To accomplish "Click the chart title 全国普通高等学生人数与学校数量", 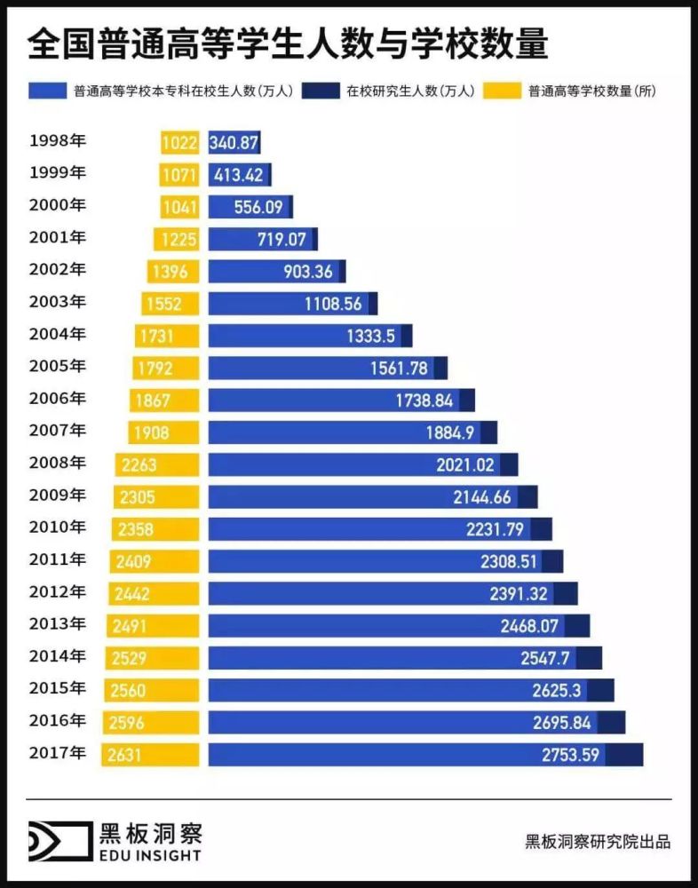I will pos(288,44).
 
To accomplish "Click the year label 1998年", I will pos(58,140).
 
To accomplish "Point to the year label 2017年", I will pos(58,753).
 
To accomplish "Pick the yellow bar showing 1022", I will pos(180,142).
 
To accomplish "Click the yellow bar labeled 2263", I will pos(157,464).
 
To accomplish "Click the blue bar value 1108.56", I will pos(333,304).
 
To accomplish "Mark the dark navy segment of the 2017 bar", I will pos(624,755).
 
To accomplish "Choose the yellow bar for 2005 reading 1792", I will pos(166,368).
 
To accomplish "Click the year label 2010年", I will pos(58,527).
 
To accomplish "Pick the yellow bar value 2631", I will pos(125,755).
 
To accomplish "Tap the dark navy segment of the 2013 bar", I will pos(576,626).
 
